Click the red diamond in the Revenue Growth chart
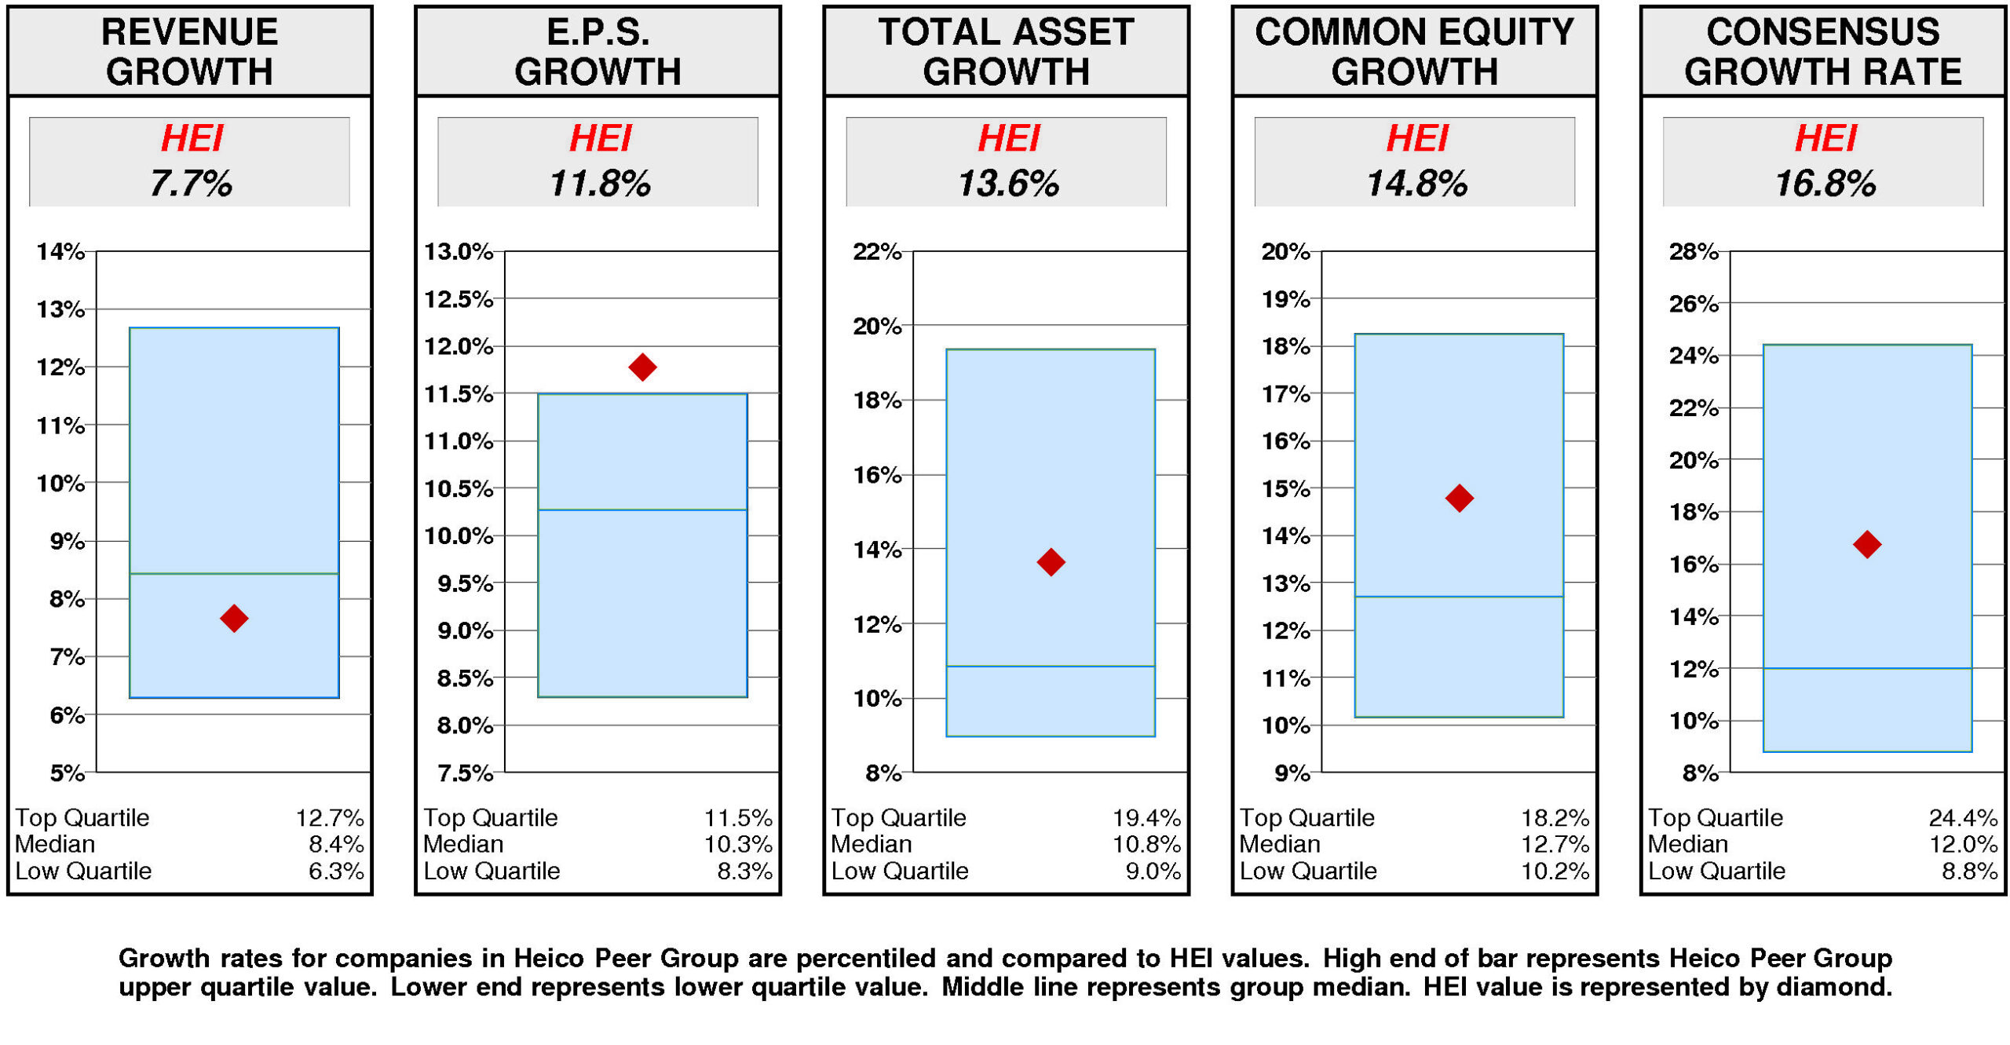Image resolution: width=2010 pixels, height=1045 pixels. pos(234,618)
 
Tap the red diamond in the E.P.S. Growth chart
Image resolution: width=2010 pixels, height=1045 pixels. pos(642,367)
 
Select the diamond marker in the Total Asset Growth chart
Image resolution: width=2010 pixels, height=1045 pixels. pos(1051,561)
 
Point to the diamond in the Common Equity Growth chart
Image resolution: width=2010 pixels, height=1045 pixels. pos(1459,498)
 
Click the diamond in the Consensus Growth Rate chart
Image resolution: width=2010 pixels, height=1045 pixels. pos(1867,544)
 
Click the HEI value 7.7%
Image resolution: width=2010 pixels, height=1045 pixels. pos(191,184)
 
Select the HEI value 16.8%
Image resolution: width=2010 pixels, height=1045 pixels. pos(1825,184)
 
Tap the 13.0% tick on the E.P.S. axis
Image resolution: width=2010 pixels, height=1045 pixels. pos(459,252)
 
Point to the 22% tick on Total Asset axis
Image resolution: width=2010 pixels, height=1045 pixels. pos(877,252)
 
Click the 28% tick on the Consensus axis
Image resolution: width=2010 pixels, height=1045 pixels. pos(1694,252)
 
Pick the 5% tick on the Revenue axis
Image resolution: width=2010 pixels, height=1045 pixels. pos(67,773)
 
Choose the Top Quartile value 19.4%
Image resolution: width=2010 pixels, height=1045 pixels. pos(1146,818)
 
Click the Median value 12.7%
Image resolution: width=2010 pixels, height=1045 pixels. pos(1555,844)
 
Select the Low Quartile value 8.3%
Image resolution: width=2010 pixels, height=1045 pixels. pos(744,871)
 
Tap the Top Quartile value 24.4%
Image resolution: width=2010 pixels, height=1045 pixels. pos(1963,818)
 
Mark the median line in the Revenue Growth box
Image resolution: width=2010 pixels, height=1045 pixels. pos(234,574)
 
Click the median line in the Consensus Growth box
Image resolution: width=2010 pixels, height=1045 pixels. pos(1867,668)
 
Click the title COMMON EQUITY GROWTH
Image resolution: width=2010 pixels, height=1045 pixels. pos(1414,52)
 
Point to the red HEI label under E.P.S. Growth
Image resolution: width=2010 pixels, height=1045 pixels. pos(600,139)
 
